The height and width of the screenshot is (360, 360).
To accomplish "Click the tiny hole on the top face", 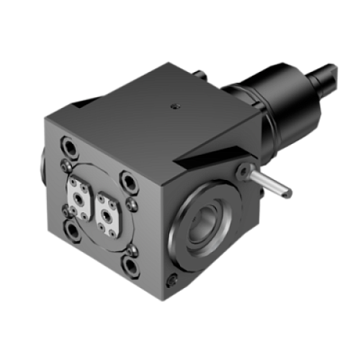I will [175, 106].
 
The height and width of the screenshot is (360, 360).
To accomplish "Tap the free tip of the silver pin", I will [289, 194].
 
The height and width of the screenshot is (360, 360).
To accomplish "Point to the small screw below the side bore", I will [171, 279].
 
